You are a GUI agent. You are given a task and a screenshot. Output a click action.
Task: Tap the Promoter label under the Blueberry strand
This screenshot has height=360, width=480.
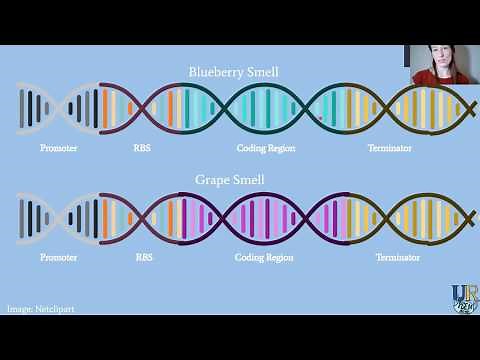[x=59, y=148]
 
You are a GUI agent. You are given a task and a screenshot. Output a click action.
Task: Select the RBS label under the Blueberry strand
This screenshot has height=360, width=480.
[x=143, y=148]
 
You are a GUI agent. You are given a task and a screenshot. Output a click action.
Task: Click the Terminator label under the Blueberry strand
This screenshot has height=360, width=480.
[x=390, y=148]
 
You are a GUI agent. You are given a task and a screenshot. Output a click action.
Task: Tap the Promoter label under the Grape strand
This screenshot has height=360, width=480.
[x=59, y=257]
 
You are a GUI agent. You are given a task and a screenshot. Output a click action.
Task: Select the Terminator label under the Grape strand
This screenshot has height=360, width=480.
[x=397, y=257]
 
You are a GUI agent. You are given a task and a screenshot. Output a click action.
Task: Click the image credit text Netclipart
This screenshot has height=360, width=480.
[x=41, y=309]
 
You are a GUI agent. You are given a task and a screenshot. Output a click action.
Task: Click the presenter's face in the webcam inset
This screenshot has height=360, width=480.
[x=440, y=64]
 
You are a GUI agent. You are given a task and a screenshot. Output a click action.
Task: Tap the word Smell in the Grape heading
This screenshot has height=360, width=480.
[x=260, y=181]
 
